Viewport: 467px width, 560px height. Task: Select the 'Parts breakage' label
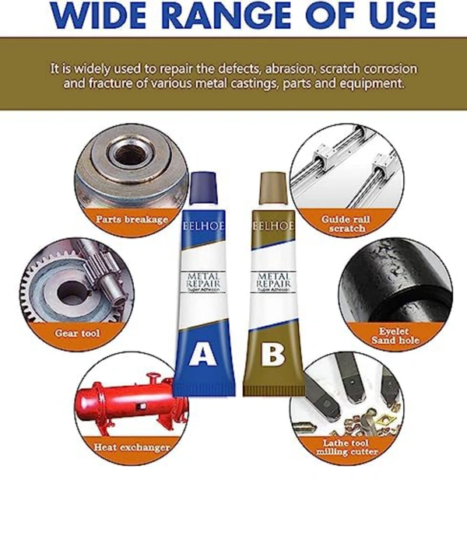[132, 219]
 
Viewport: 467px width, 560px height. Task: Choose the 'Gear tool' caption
[77, 333]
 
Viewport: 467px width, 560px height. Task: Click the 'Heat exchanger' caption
[132, 447]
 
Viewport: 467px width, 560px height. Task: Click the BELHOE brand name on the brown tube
[272, 225]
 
